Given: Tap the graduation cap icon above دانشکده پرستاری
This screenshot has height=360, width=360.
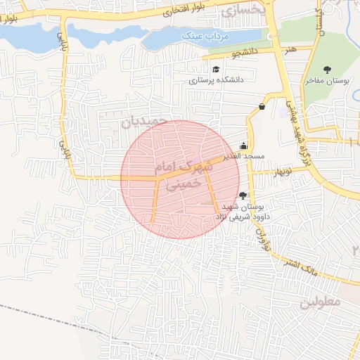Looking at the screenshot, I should (215, 69).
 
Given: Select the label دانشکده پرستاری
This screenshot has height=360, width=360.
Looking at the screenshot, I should (215, 80).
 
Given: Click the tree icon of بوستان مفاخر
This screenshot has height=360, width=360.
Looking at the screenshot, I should (327, 69).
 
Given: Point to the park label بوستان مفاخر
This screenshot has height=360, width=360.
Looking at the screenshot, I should (327, 82).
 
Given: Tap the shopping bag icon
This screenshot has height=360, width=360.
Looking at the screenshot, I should (262, 106).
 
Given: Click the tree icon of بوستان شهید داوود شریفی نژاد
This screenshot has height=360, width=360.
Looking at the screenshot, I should (243, 195).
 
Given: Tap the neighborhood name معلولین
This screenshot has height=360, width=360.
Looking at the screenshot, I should (320, 302).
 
